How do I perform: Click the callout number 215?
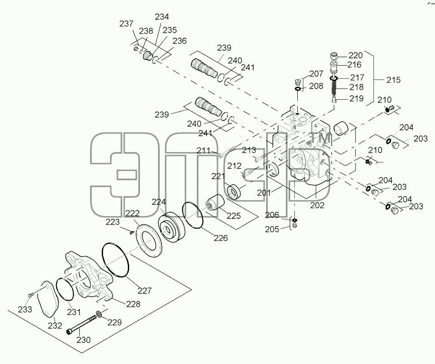coord(393,80)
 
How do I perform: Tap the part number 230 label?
coord(83,340)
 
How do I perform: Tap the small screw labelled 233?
coord(30,294)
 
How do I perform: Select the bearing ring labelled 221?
coord(234,191)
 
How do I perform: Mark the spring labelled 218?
coord(334,89)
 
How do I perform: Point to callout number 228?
coord(133,304)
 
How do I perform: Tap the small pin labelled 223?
coord(132,231)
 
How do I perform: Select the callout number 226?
coord(221,238)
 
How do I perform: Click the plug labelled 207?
coord(297,82)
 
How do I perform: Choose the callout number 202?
coord(317,205)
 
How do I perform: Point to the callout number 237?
coord(126,24)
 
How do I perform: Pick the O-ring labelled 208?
coord(298,89)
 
